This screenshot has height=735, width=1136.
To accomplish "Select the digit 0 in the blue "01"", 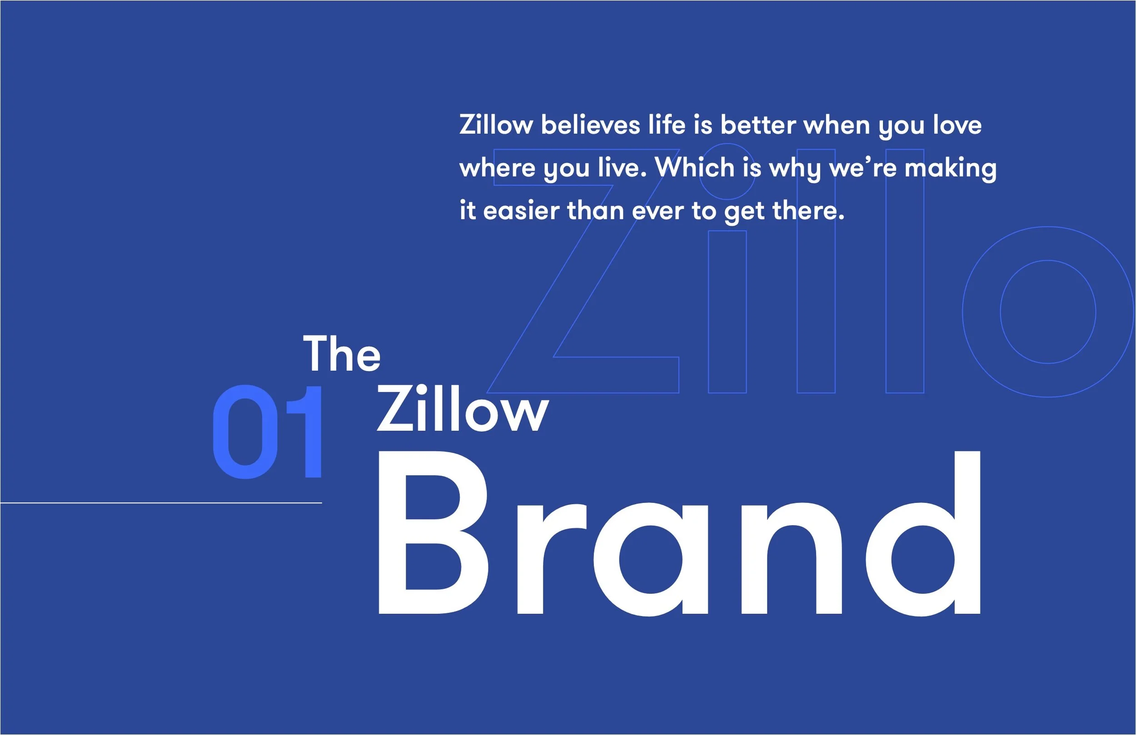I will pyautogui.click(x=245, y=432).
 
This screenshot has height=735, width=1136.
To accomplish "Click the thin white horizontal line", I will pyautogui.click(x=161, y=502).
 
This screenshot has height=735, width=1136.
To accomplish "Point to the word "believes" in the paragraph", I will pyautogui.click(x=590, y=125).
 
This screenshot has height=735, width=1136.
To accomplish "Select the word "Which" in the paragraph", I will pyautogui.click(x=694, y=168).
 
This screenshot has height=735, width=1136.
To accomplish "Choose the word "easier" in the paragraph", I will pyautogui.click(x=521, y=211).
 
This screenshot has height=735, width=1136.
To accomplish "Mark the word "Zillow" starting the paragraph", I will pyautogui.click(x=496, y=125).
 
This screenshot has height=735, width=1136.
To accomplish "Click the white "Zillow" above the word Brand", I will pyautogui.click(x=462, y=409).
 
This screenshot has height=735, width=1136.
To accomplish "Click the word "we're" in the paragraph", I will pyautogui.click(x=862, y=168).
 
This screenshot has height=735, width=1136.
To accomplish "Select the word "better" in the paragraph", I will pyautogui.click(x=758, y=125).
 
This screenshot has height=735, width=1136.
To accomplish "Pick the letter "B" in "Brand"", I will pyautogui.click(x=432, y=532).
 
